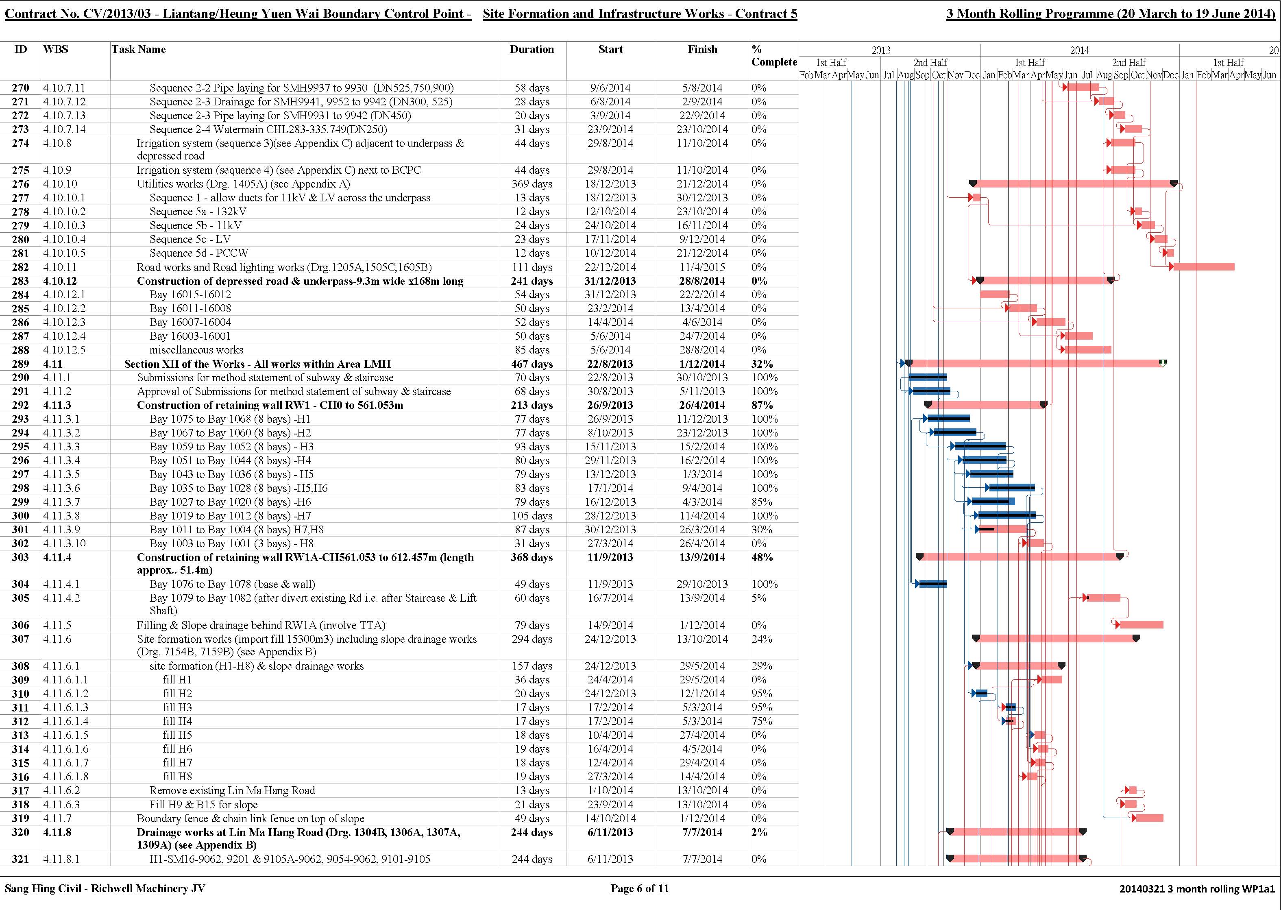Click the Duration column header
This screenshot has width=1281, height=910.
[532, 49]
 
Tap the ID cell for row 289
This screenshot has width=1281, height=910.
[21, 364]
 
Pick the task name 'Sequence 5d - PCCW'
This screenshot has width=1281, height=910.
[199, 253]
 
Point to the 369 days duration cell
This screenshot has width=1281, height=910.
[532, 184]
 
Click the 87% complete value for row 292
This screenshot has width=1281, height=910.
[762, 406]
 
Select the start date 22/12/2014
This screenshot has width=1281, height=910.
[610, 267]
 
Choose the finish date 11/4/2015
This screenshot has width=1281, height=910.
[702, 267]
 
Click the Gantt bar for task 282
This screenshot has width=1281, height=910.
[1204, 267]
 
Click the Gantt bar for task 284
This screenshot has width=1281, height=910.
[995, 294]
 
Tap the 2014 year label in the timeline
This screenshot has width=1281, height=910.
[1079, 50]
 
